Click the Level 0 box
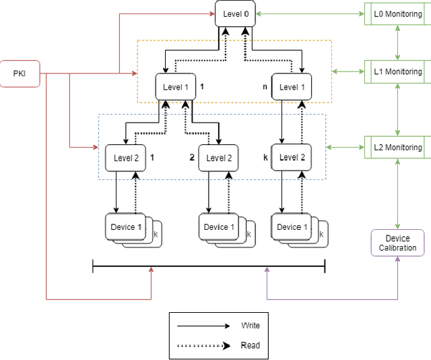[x=236, y=13]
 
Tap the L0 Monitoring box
[x=398, y=14]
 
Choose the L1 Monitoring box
[x=398, y=71]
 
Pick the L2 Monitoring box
[x=398, y=147]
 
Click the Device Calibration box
[x=397, y=243]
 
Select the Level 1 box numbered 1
[x=175, y=87]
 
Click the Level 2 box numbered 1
[x=125, y=158]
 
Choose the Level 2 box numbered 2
[x=220, y=158]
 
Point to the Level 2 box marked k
[x=292, y=157]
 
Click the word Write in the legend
[x=251, y=326]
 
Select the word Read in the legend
[x=250, y=345]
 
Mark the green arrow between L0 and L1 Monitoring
[x=398, y=43]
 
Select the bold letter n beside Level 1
[x=265, y=87]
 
